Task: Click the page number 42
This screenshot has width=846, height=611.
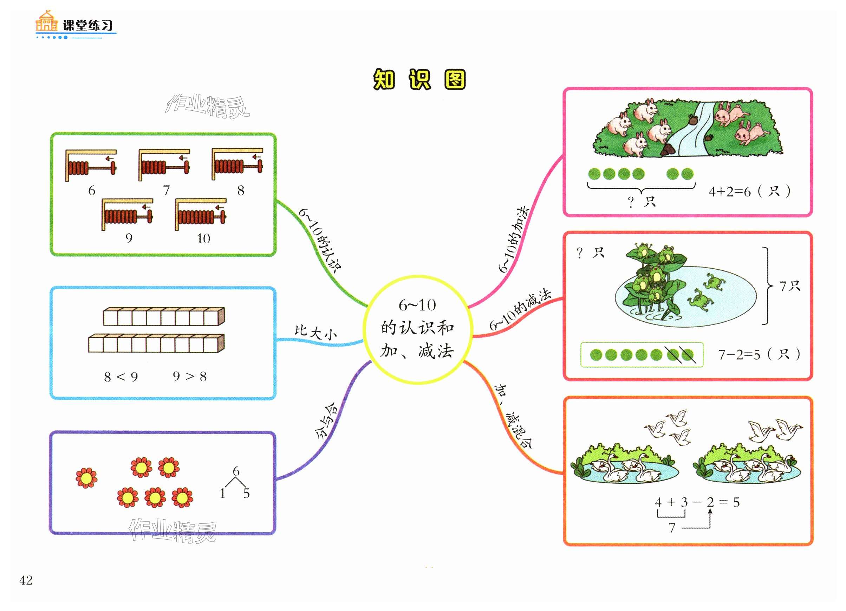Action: (x=26, y=580)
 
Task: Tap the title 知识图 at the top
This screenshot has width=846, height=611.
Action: (x=419, y=79)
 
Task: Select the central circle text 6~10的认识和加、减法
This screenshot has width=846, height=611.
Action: (x=417, y=329)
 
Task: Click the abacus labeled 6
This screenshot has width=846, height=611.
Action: (x=91, y=165)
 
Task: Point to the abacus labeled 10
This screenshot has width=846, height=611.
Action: (x=201, y=214)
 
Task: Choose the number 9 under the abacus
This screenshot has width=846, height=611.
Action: (x=129, y=238)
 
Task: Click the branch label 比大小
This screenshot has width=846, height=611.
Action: (x=315, y=332)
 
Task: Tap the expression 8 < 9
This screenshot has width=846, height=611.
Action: (x=121, y=377)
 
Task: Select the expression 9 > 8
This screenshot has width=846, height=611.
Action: (x=189, y=376)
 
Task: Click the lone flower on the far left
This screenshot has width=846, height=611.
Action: (x=86, y=477)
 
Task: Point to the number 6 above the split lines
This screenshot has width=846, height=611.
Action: (x=236, y=471)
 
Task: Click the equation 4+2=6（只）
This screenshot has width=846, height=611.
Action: (x=749, y=192)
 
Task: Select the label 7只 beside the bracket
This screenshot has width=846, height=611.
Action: (x=790, y=286)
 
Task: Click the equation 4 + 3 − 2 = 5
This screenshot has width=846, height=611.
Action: (x=697, y=502)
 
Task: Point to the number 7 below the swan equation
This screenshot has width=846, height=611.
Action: (x=672, y=528)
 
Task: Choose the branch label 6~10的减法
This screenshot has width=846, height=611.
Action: (x=520, y=310)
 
